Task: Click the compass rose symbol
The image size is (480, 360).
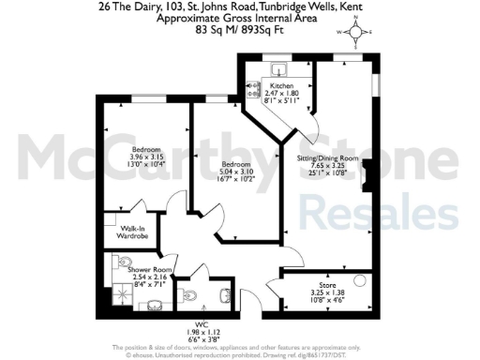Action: [356, 37]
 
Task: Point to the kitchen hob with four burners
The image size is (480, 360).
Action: [252, 90]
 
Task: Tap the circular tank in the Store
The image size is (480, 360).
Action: [359, 281]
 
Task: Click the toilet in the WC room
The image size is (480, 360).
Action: [192, 295]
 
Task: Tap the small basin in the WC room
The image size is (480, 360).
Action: [225, 296]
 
